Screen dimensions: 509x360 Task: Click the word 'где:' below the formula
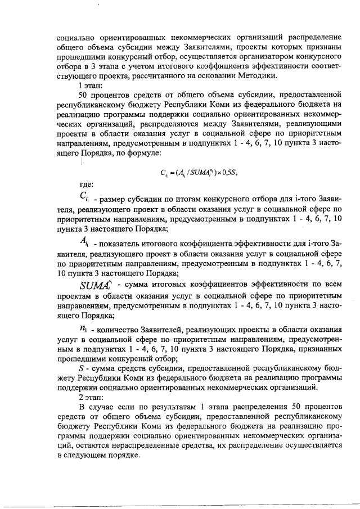pos(87,184)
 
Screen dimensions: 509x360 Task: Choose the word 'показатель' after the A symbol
pos(124,244)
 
